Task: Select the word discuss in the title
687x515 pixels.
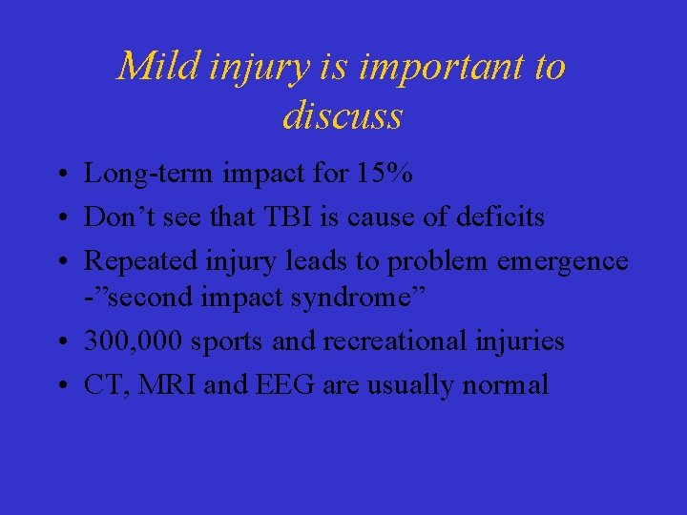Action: (x=343, y=115)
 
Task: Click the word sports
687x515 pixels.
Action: (x=223, y=340)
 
